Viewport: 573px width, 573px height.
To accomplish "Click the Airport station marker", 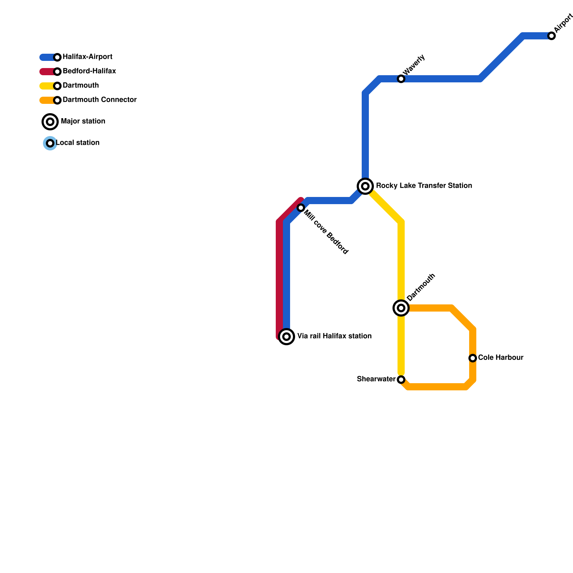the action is (552, 36).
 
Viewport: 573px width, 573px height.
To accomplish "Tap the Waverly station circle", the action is (401, 79).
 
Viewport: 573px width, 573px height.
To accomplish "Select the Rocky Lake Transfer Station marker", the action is (365, 186).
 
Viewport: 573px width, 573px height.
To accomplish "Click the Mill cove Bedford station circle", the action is (301, 208).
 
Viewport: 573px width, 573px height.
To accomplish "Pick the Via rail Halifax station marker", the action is (286, 337).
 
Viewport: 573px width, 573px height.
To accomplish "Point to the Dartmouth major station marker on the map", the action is (401, 308).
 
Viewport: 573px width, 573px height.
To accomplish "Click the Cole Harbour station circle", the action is (473, 358).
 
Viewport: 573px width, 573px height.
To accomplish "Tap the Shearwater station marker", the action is (401, 380).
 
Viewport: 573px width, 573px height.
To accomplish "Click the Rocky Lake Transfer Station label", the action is (424, 186).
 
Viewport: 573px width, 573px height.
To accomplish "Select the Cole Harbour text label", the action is (501, 358).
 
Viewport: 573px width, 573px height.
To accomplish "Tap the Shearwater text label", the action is (376, 379).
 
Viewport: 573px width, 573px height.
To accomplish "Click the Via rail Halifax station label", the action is (334, 336).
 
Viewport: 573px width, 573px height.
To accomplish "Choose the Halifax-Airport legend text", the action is (87, 57).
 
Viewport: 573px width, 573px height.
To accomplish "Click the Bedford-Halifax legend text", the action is (89, 71).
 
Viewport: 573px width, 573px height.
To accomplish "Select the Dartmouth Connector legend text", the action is (100, 100).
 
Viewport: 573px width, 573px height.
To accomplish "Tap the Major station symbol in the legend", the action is (50, 122).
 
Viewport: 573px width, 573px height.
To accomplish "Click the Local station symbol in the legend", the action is (50, 143).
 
